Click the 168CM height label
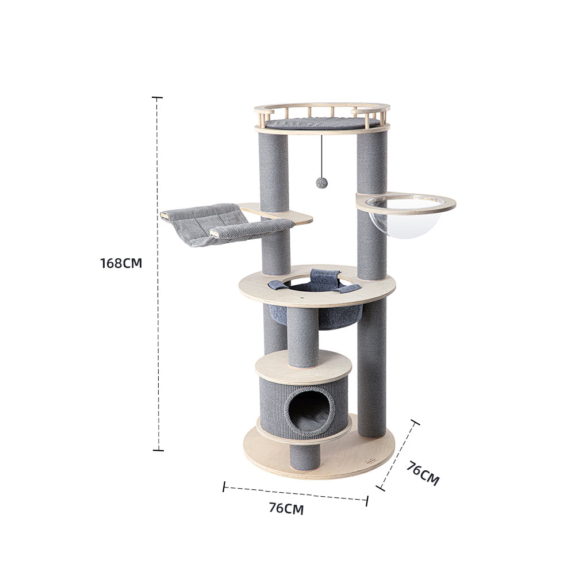(121, 263)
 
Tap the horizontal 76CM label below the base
(286, 508)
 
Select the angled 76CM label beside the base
(423, 473)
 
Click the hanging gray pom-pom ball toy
(321, 183)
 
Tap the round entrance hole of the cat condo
(310, 409)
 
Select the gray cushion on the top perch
(322, 122)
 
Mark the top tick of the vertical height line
(157, 98)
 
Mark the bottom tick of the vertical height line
(158, 450)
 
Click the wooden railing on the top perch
(322, 108)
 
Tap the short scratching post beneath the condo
(305, 457)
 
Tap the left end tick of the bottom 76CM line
(224, 487)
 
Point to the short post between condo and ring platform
(303, 336)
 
